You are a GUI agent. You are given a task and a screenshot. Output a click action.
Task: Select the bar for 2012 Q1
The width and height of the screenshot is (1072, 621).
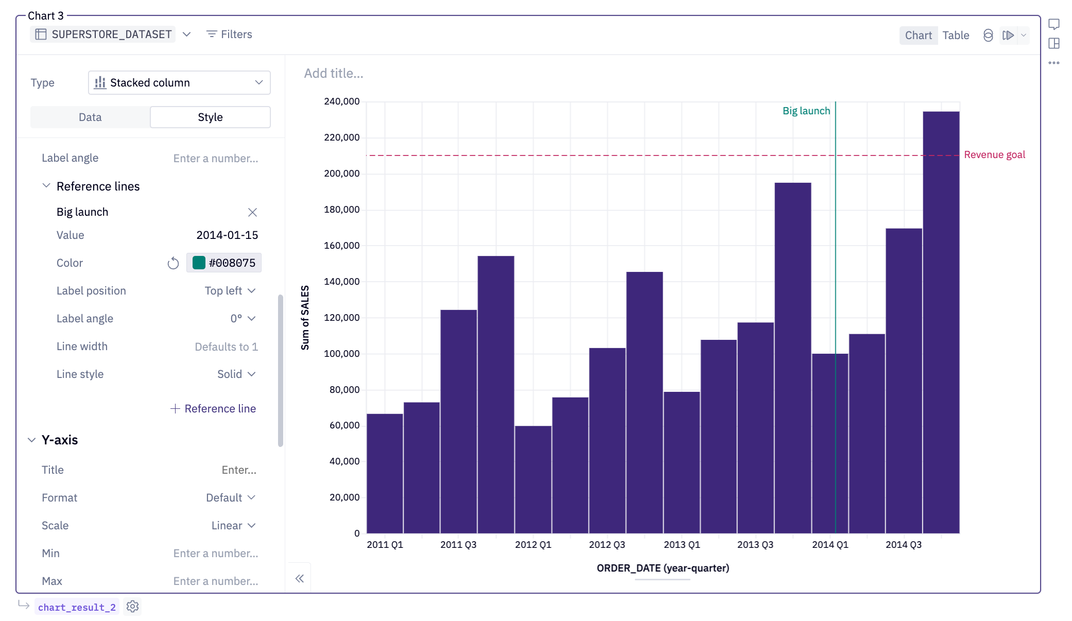(x=533, y=479)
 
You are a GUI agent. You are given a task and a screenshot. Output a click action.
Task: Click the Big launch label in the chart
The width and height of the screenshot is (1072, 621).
(x=806, y=111)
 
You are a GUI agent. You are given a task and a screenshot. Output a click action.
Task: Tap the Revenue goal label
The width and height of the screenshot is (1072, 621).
(x=994, y=155)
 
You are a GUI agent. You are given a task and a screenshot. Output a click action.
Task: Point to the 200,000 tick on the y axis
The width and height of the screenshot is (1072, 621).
(x=341, y=174)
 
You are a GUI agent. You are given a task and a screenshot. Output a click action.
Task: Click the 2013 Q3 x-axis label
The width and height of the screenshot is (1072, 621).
(x=755, y=544)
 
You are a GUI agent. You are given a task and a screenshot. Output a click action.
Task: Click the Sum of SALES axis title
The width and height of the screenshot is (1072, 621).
(x=305, y=317)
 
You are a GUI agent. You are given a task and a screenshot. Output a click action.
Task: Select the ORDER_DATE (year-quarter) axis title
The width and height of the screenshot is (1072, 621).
(x=662, y=568)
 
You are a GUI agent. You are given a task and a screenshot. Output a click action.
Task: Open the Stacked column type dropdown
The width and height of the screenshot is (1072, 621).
(x=179, y=83)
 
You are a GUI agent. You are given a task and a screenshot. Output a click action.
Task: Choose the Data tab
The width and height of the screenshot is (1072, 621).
(x=90, y=117)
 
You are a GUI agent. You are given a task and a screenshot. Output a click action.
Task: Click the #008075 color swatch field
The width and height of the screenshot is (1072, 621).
(x=224, y=263)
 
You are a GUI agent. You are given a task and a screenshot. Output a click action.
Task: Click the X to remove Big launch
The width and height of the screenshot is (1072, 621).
(x=252, y=212)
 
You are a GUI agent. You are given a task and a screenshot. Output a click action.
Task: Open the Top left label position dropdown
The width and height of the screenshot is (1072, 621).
(x=230, y=291)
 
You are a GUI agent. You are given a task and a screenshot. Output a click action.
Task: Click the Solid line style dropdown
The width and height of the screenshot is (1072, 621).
(x=236, y=374)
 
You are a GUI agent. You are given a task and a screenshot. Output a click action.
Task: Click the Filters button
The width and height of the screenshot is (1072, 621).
(x=229, y=34)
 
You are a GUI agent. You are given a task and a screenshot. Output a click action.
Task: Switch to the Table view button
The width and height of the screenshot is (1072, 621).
(x=955, y=35)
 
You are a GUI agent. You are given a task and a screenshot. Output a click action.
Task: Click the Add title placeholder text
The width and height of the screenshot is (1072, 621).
(x=333, y=74)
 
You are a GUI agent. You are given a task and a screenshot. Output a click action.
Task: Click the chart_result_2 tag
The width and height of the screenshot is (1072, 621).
(x=77, y=607)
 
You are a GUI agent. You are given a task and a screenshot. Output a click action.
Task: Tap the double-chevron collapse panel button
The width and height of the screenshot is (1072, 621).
(x=299, y=578)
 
